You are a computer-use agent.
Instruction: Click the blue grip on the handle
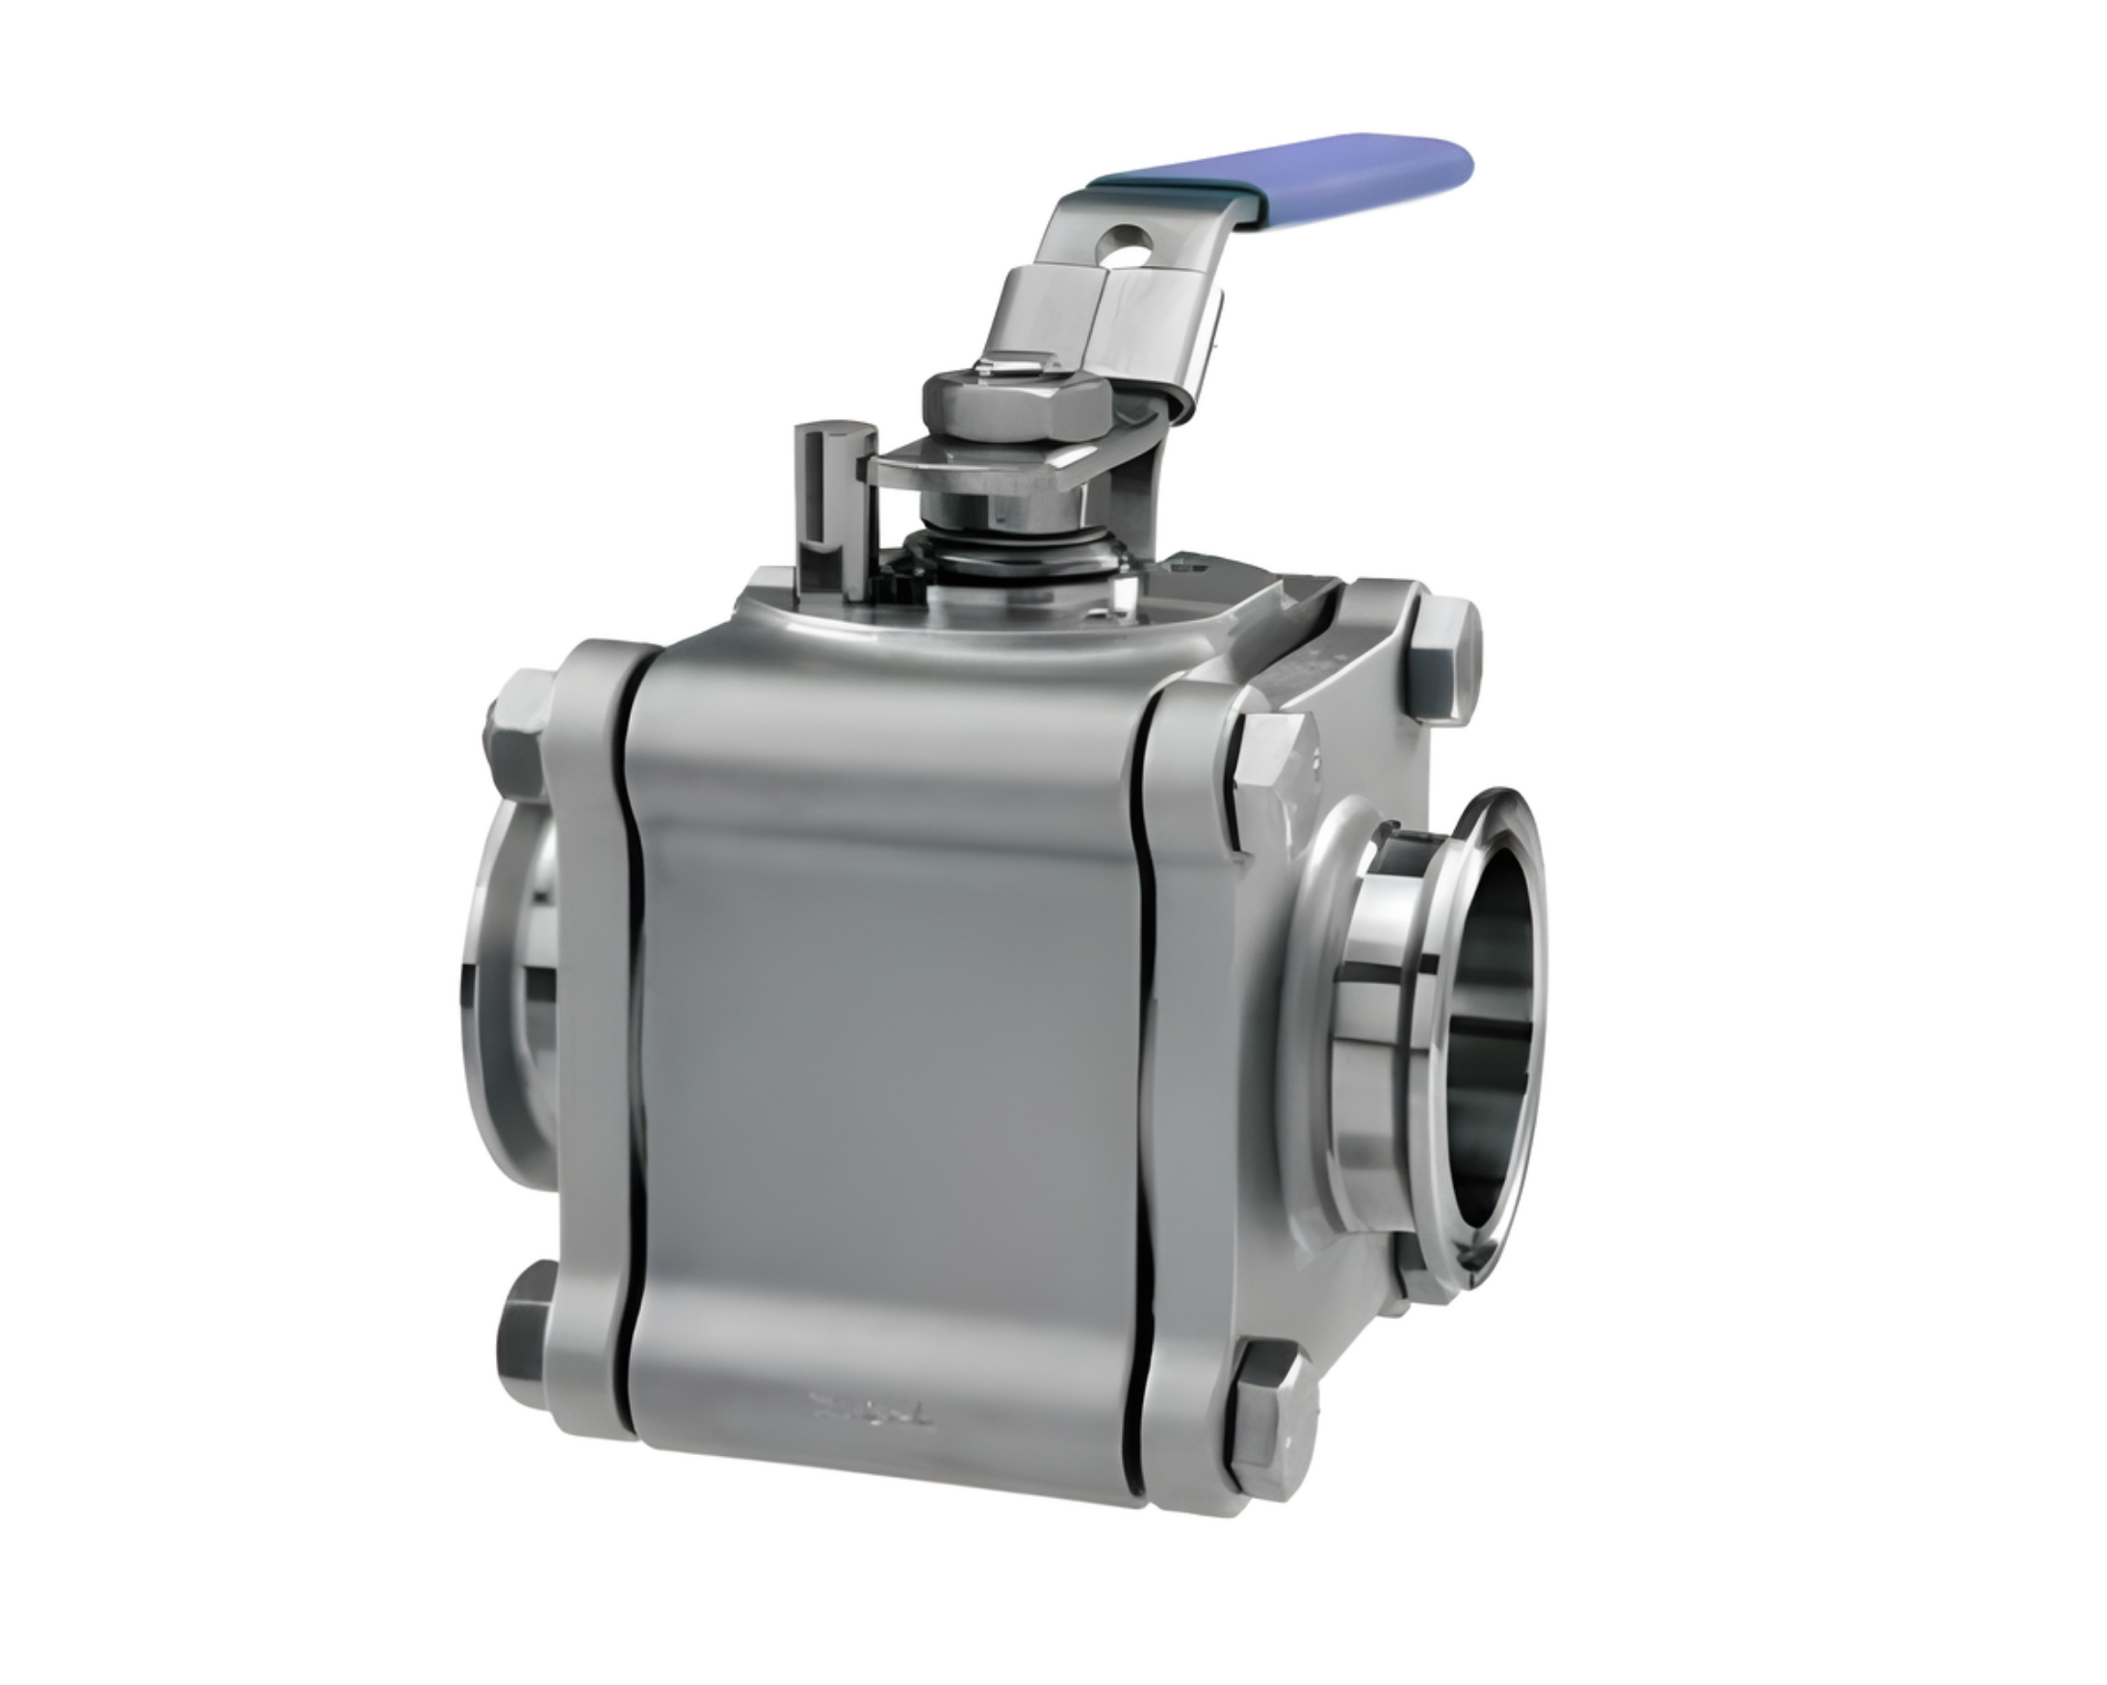coord(1290,176)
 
